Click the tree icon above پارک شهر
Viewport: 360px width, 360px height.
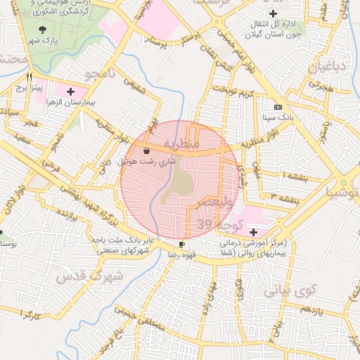[44, 30]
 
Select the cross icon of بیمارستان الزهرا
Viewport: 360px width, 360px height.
[70, 91]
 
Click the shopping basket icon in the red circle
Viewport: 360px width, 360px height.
[146, 150]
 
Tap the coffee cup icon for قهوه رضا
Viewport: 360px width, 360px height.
[183, 244]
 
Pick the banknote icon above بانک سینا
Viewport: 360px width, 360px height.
[278, 108]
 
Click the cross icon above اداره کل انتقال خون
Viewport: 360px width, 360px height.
[273, 13]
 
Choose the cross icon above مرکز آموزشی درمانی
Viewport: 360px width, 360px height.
[253, 232]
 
